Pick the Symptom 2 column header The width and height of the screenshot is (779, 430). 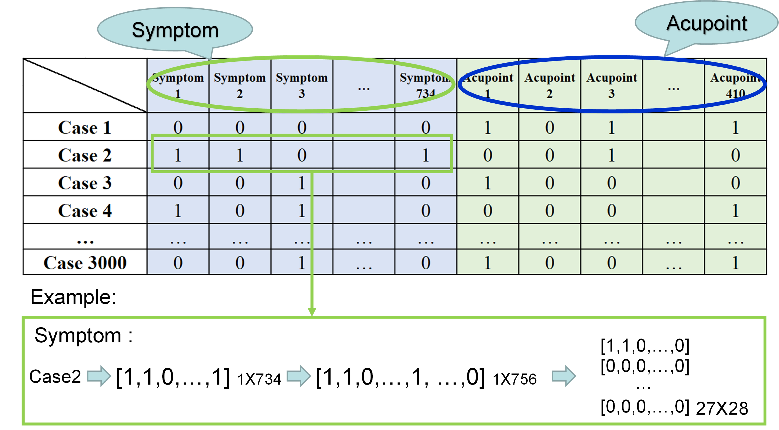[240, 86]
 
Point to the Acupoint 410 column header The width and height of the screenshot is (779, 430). [735, 86]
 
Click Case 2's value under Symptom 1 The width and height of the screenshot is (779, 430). [178, 155]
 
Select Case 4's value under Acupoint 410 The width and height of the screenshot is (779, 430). [735, 211]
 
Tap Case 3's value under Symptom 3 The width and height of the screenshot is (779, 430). [302, 183]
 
